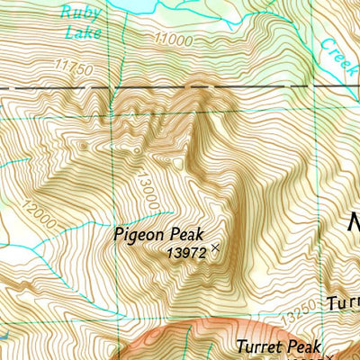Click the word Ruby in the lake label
tap(76, 13)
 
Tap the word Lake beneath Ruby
tap(83, 33)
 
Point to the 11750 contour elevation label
tap(75, 66)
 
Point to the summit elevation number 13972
tap(187, 255)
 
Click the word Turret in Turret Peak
tap(262, 346)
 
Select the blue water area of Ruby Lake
tap(135, 5)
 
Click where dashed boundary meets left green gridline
tap(115, 88)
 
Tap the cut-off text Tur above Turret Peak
tap(343, 301)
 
